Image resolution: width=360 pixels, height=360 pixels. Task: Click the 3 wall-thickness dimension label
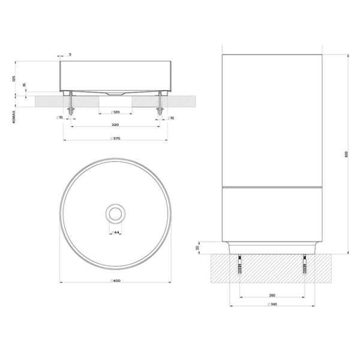click(x=70, y=55)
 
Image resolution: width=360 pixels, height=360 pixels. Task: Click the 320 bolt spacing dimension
click(x=114, y=125)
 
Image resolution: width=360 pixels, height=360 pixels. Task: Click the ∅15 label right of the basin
click(x=170, y=118)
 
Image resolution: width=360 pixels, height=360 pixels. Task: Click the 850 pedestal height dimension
click(x=346, y=154)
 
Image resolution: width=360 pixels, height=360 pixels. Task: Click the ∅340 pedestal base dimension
click(x=273, y=304)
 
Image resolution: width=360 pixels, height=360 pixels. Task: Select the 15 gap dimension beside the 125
click(x=24, y=85)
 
